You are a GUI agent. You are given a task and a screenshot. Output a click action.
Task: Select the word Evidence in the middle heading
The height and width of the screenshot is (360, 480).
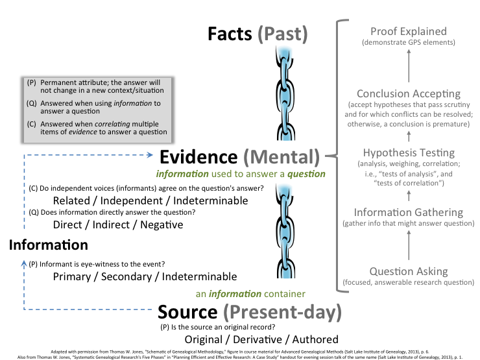pos(199,157)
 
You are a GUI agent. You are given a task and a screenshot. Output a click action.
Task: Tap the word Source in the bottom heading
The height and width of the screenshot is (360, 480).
pos(188,312)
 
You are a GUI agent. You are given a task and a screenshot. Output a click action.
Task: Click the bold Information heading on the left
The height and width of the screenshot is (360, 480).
pos(49,245)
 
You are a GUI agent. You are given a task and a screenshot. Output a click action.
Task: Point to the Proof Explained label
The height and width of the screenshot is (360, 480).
pos(409,31)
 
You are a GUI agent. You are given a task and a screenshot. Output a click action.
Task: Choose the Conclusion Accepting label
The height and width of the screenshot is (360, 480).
pos(409,94)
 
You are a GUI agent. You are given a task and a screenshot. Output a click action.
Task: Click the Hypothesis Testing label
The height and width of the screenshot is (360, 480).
pos(409,153)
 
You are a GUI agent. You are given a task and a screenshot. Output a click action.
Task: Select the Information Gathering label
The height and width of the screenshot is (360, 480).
pos(409,212)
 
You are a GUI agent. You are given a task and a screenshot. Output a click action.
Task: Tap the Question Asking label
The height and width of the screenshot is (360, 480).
pos(409,271)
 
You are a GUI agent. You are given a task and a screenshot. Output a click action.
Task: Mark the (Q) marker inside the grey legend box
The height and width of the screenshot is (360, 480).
pos(32,103)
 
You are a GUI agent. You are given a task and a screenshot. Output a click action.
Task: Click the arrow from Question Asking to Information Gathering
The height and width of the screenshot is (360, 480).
pos(409,245)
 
